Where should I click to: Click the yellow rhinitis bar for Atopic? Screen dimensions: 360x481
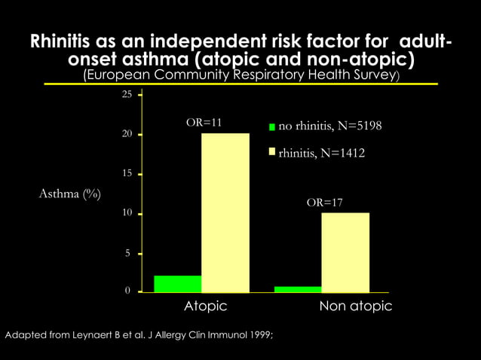(x=225, y=212)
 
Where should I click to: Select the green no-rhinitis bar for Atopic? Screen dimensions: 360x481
(x=177, y=283)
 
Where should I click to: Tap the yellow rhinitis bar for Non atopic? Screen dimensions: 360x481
(x=345, y=252)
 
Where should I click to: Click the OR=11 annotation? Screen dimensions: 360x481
(x=204, y=122)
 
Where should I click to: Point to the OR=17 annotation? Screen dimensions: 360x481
(x=325, y=203)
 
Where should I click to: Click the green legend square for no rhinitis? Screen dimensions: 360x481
(x=272, y=127)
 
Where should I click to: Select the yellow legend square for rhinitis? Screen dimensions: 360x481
(x=272, y=153)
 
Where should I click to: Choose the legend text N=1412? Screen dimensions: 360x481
(x=342, y=153)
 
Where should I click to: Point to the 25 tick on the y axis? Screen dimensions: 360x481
(x=126, y=95)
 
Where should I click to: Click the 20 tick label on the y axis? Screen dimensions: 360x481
(x=126, y=134)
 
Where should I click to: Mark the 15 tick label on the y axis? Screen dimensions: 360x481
(x=126, y=174)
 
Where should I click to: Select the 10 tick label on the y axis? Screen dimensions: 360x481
(x=126, y=214)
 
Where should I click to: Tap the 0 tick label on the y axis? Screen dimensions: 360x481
(x=128, y=291)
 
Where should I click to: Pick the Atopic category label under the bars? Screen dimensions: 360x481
(x=205, y=307)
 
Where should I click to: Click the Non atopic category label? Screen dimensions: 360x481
(x=355, y=307)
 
